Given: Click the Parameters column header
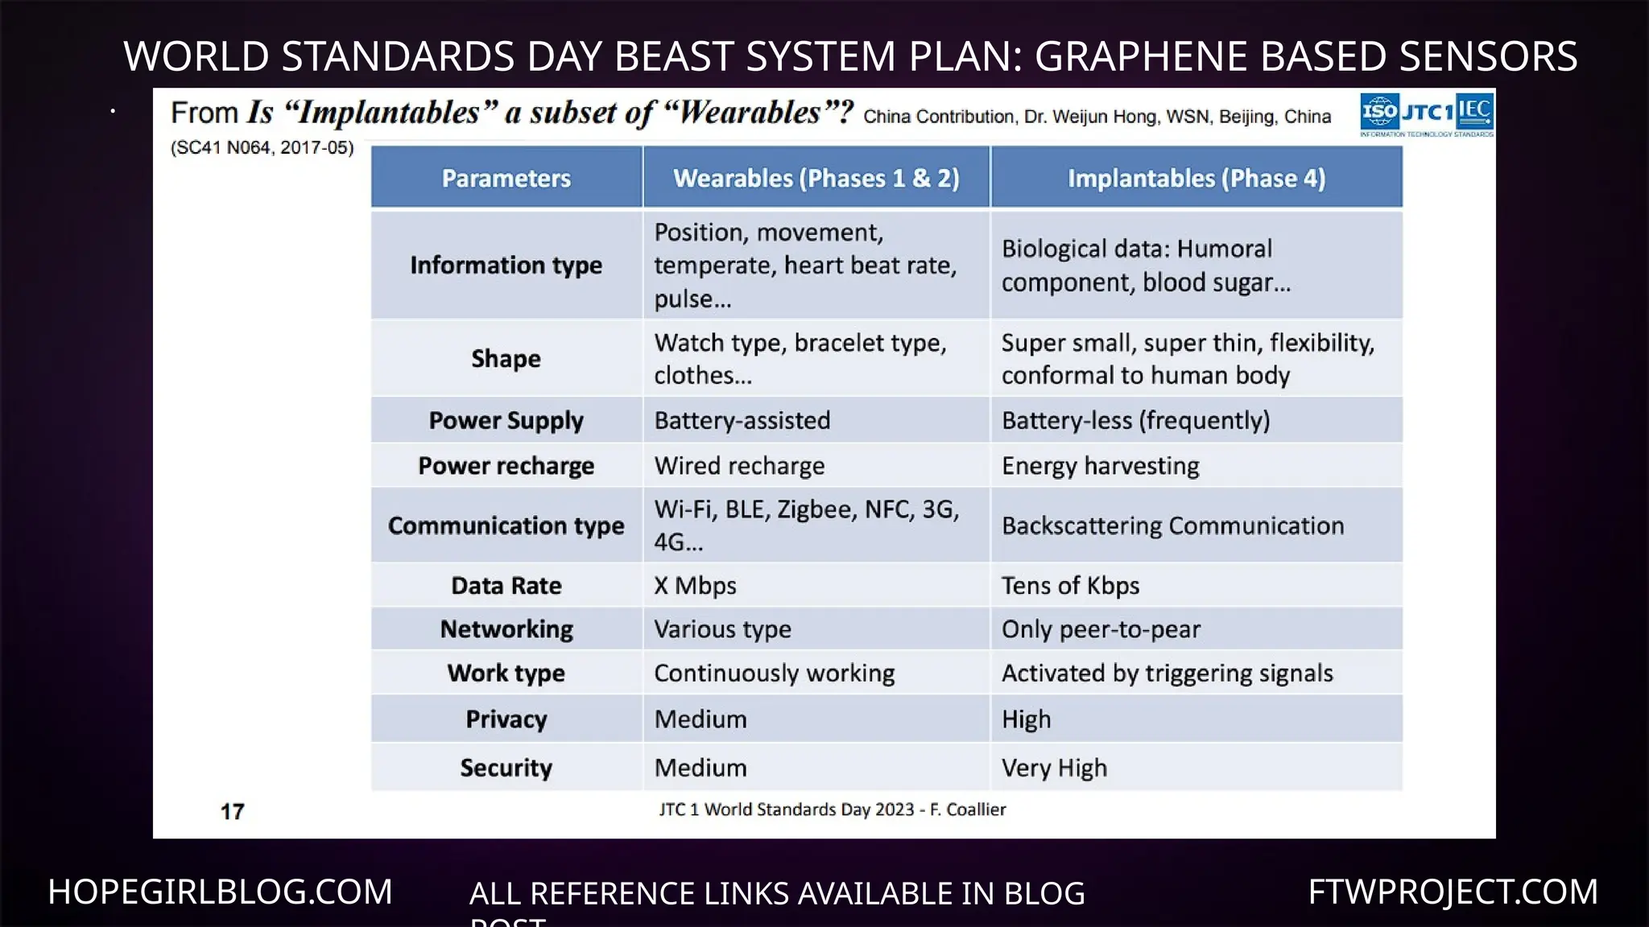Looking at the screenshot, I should pos(506,178).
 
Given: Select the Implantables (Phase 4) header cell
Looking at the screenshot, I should pos(1196,178).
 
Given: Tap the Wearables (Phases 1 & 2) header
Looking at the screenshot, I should pos(816,178).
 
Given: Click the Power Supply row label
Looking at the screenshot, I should pos(506,420).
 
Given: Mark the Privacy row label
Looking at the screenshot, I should pos(506,719).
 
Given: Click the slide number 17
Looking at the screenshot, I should pos(232,811).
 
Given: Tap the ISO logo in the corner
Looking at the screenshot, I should pos(1379,112).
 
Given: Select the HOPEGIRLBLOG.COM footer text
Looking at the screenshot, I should pos(220,892).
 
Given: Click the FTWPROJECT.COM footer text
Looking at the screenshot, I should pos(1453,892).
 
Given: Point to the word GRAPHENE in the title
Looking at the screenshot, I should pos(1140,56).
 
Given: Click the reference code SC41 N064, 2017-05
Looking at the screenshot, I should pos(262,148).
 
